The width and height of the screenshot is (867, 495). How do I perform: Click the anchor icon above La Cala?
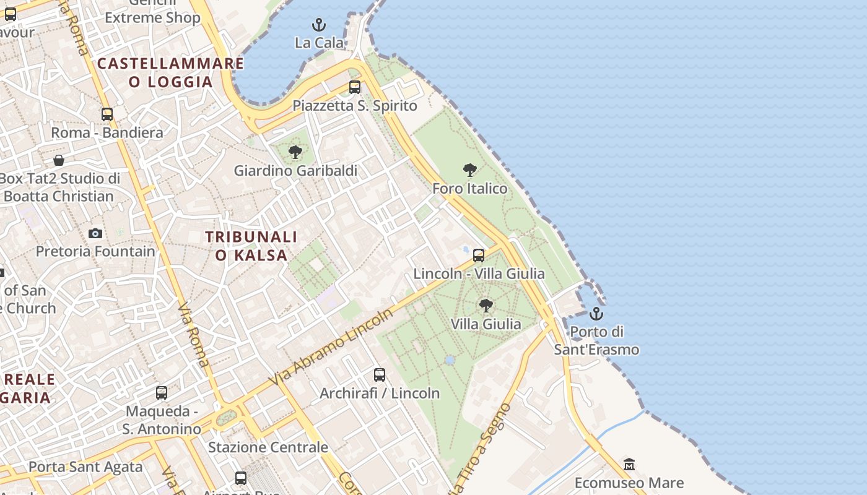[319, 25]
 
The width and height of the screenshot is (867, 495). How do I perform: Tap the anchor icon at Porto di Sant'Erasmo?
[596, 314]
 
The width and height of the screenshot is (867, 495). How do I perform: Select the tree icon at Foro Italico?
[470, 170]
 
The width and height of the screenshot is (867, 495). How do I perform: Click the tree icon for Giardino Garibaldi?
[295, 152]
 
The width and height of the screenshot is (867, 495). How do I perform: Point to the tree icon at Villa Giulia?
[486, 305]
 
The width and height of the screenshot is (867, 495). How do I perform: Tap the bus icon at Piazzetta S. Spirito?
[355, 87]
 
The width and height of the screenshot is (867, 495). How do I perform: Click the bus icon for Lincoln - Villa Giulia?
[479, 255]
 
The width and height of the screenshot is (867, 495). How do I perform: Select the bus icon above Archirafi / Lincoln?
[380, 374]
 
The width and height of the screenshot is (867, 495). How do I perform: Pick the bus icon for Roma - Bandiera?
[107, 114]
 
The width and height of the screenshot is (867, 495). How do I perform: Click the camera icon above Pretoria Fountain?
[95, 233]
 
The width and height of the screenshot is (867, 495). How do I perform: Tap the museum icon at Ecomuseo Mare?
[629, 464]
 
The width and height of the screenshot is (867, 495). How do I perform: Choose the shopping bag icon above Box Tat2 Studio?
[59, 160]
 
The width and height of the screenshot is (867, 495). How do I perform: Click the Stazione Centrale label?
[268, 447]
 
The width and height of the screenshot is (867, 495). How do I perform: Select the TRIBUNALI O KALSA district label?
[251, 246]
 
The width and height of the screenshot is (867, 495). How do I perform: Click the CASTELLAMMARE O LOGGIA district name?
[171, 72]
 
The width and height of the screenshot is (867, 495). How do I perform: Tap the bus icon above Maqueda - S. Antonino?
[162, 393]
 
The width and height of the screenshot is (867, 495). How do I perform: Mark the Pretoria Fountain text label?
[95, 251]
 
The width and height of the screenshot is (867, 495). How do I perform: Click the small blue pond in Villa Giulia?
[450, 359]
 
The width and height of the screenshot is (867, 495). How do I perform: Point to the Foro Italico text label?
[469, 188]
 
